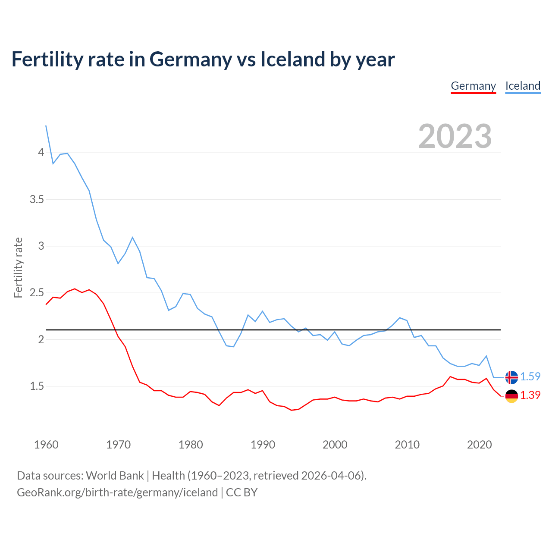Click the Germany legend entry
[473, 86]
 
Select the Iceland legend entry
[523, 86]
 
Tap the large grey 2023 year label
[455, 136]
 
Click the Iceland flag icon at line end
[511, 377]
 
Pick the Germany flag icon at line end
[511, 395]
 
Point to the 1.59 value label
[530, 376]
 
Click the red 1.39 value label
[530, 395]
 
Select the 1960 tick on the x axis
[46, 445]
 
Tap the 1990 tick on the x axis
[263, 445]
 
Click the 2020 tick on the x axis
[479, 445]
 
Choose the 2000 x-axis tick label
[335, 445]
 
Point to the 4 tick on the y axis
[41, 153]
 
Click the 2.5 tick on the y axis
[37, 293]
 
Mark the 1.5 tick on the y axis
[37, 386]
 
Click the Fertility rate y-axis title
[18, 267]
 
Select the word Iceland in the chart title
[292, 60]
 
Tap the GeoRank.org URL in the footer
[117, 492]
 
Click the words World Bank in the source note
[115, 476]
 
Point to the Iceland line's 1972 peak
[132, 237]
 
